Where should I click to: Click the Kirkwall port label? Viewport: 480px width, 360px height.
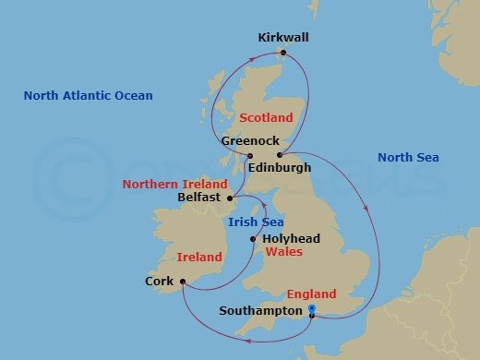point(283,38)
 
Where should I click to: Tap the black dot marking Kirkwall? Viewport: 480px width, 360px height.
point(284,53)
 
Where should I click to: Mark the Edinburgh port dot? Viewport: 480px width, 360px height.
point(279,155)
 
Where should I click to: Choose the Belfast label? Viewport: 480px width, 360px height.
point(198,198)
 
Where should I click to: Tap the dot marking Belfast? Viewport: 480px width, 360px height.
point(231,198)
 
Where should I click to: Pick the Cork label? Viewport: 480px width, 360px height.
point(160,282)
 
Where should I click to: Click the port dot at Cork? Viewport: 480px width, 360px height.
point(183,282)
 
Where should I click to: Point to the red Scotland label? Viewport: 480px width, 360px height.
point(266,118)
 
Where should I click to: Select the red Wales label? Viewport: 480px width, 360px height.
point(284,251)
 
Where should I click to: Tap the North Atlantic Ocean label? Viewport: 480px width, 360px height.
point(89,96)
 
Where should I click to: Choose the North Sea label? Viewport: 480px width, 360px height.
point(408,158)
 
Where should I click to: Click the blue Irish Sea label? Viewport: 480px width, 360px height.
point(256,222)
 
